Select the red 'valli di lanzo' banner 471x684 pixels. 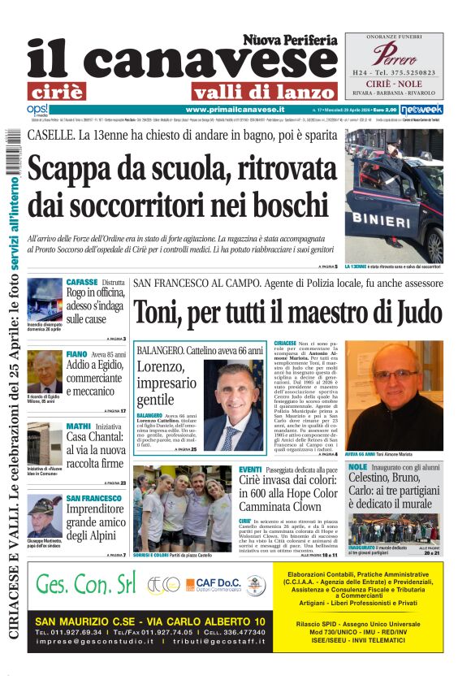[263, 91]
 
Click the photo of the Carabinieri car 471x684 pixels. [394, 195]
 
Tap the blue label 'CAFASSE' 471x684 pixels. [83, 282]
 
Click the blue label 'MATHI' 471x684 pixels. [79, 426]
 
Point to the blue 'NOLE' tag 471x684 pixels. [357, 467]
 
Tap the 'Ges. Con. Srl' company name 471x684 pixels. [86, 586]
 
